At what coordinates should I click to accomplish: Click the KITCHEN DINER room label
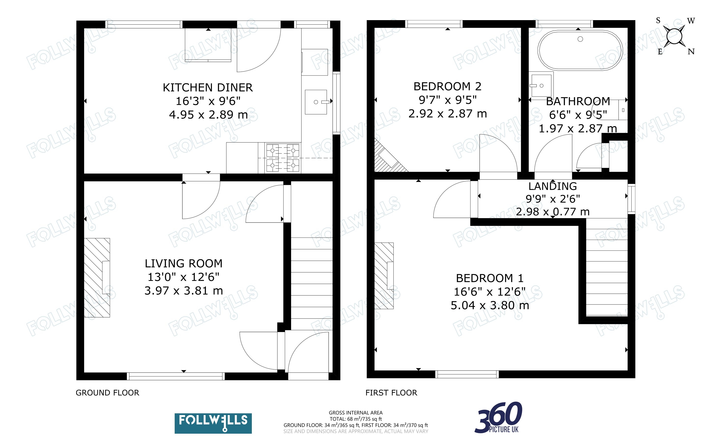pos(208,87)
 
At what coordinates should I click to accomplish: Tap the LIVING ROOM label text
pos(184,264)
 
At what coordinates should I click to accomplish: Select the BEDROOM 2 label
pos(447,86)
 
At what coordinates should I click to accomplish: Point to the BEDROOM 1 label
pos(490,278)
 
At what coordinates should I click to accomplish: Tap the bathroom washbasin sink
pos(541,85)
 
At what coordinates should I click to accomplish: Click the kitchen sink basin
pos(316,102)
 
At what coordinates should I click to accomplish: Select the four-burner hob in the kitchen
pos(283,158)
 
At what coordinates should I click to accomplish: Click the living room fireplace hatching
pos(97,277)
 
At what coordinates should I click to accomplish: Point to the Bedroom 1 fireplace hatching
pos(384,276)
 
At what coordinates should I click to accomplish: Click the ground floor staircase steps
pos(312,283)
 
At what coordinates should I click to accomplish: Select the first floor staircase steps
pos(607,267)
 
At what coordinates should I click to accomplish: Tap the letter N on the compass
pos(691,52)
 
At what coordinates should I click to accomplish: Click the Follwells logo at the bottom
pos(213,423)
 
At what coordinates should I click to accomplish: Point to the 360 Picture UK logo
pos(498,417)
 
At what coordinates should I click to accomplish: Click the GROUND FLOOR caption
pos(108,393)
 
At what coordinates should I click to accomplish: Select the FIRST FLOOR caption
pos(391,393)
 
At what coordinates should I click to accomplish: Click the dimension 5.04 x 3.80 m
pos(490,305)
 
